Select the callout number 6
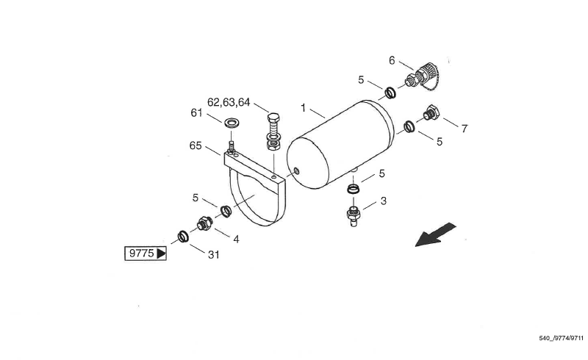click(x=392, y=60)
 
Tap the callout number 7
click(x=464, y=129)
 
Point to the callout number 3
click(x=383, y=201)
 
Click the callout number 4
click(x=236, y=239)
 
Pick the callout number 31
click(x=213, y=254)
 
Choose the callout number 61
click(x=196, y=112)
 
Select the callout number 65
click(x=195, y=146)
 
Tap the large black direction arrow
click(x=435, y=234)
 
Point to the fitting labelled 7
click(x=431, y=114)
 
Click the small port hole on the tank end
click(x=296, y=172)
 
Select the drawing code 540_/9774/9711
click(x=561, y=339)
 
